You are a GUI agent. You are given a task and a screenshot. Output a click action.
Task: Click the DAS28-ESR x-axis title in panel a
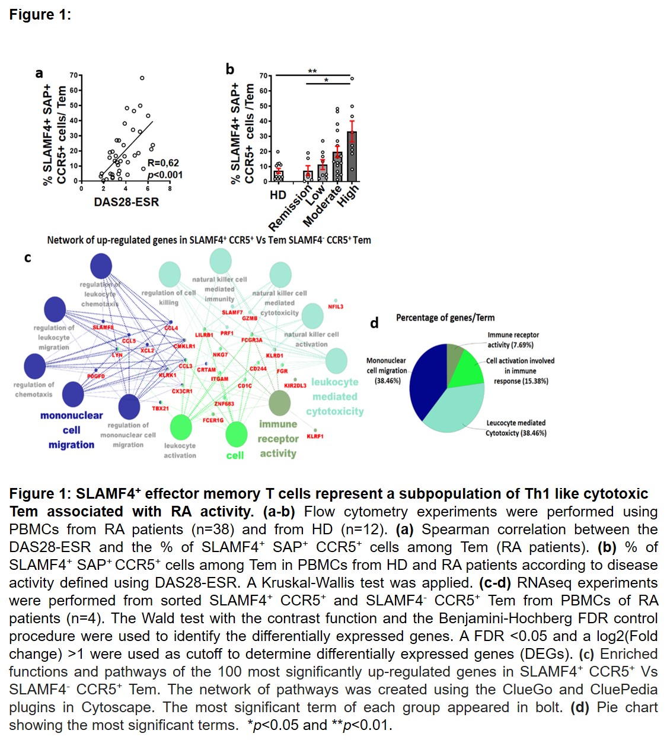[x=126, y=202]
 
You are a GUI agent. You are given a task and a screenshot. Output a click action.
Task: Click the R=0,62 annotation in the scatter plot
[x=163, y=163]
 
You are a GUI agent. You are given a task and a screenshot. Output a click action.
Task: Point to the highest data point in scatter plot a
[x=142, y=78]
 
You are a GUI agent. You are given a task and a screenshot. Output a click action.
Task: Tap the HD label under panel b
[x=278, y=195]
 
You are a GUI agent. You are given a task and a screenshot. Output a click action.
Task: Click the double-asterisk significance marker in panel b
[x=312, y=72]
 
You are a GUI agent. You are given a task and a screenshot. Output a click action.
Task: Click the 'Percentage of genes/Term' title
[x=445, y=318]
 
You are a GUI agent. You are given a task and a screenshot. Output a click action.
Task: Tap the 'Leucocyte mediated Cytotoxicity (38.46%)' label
[x=516, y=428]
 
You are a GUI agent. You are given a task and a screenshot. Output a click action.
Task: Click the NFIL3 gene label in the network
[x=336, y=307]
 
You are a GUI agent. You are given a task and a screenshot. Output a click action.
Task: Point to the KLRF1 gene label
[x=315, y=436]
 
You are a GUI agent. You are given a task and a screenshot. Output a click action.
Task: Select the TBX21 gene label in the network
[x=160, y=409]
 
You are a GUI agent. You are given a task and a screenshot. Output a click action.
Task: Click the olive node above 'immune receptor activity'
[x=280, y=403]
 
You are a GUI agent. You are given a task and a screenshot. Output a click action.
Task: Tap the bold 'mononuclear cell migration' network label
[x=71, y=430]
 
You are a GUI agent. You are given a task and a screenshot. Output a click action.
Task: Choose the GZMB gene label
[x=250, y=318]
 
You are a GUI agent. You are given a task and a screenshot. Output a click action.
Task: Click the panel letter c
[x=27, y=258]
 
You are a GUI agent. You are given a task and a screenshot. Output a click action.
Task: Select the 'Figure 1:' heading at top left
[x=40, y=15]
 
